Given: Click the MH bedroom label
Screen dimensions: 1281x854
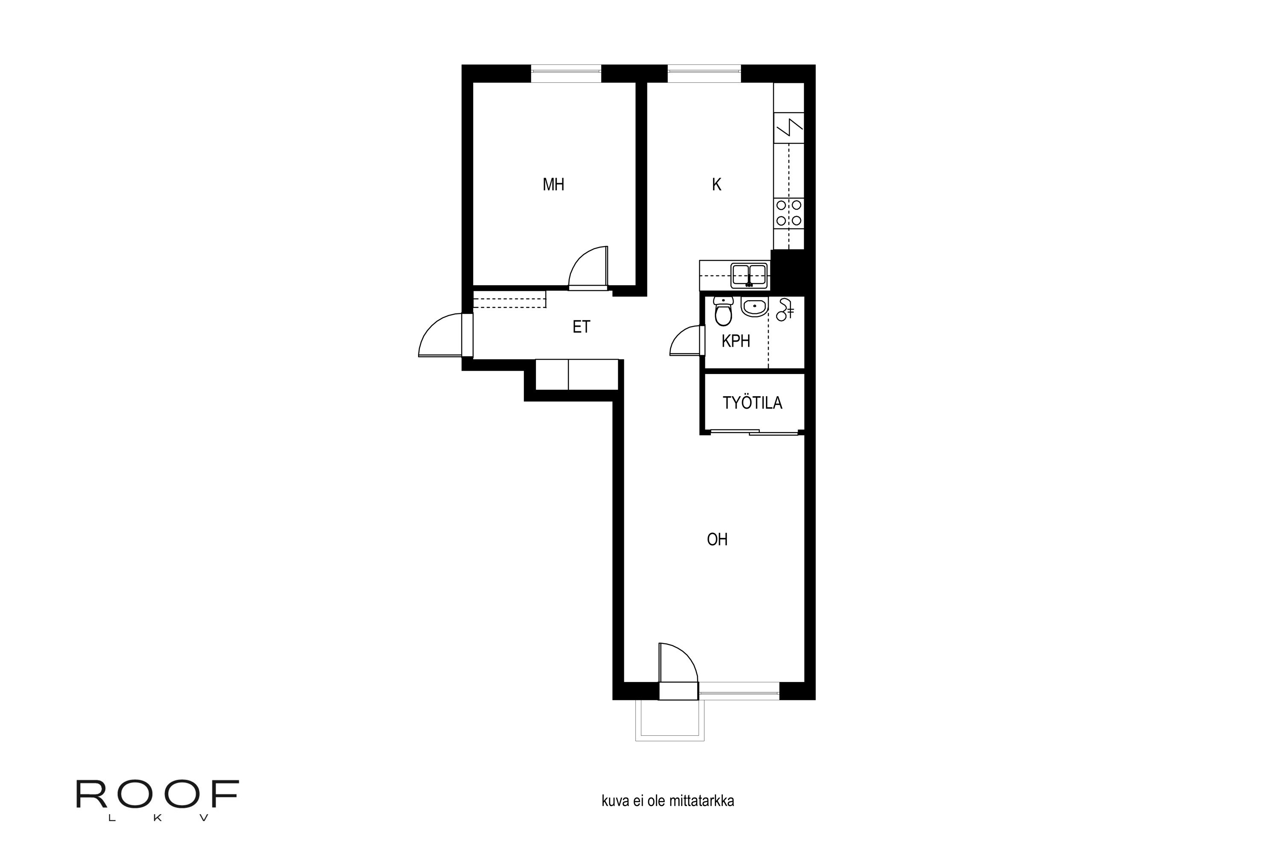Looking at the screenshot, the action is [553, 184].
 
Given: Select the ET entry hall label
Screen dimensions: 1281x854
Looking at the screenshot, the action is [581, 326].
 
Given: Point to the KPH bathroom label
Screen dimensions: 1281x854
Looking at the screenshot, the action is [735, 341].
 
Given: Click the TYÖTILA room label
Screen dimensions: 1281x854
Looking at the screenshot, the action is [752, 403].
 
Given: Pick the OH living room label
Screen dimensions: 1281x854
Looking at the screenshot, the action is [717, 539].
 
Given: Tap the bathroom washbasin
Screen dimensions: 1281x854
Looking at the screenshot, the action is [755, 307].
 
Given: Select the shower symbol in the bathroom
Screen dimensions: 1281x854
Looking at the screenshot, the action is [785, 309].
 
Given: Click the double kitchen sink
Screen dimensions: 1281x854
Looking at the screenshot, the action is [749, 275].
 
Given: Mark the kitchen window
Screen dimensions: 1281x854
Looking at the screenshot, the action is [704, 73].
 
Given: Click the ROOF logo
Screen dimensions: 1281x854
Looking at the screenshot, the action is [158, 800].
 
